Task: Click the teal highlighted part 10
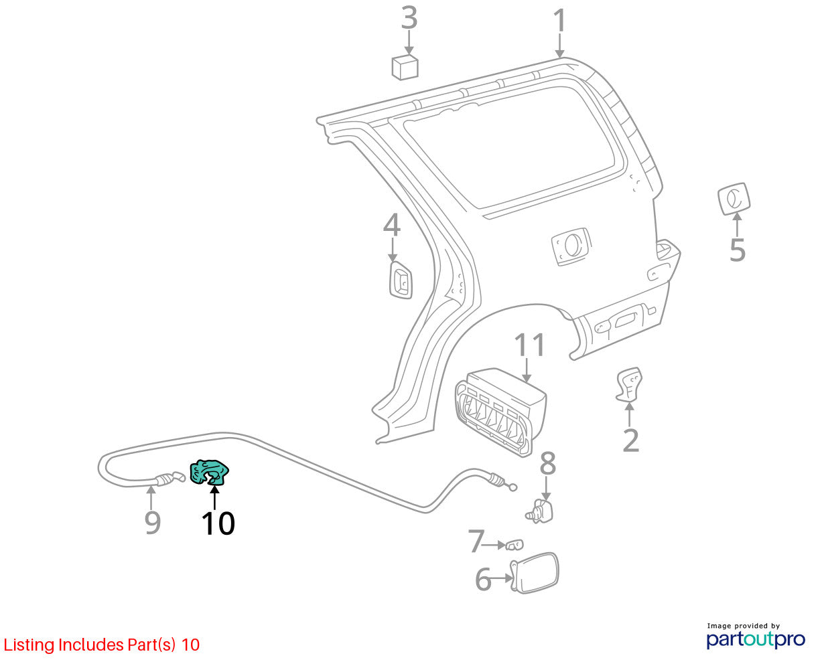coord(208,472)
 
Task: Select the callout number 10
coord(218,523)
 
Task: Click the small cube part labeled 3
coord(405,67)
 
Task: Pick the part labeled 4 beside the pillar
coord(401,280)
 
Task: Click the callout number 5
coord(737,250)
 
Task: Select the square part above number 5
coord(734,199)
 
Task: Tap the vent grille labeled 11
coord(500,412)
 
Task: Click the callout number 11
coord(529,345)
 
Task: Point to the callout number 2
coord(630,440)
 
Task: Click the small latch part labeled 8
coord(541,511)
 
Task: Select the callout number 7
coord(476,541)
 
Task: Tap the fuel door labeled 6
coord(535,573)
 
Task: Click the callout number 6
coord(483,580)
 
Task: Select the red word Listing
coord(29,645)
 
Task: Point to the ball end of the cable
coord(512,488)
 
